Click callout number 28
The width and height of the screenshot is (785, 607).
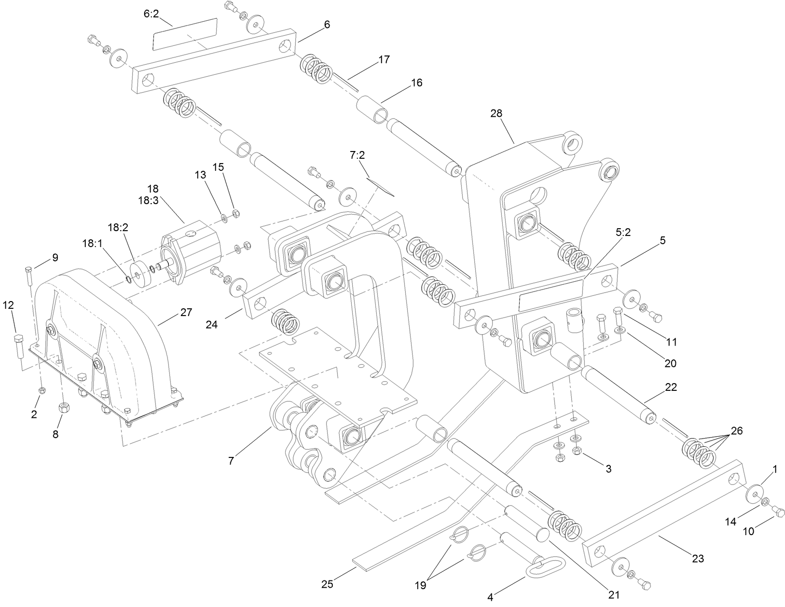496,113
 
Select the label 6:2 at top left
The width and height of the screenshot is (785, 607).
151,14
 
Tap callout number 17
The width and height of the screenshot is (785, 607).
384,59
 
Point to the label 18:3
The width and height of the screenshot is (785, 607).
148,201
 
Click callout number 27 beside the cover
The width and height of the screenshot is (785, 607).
186,312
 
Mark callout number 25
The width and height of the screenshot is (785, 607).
328,584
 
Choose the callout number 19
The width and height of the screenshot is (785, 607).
420,585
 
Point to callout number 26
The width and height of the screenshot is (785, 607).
736,430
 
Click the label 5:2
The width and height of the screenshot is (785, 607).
623,232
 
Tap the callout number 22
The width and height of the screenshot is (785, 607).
671,387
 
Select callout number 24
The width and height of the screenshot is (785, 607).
211,325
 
